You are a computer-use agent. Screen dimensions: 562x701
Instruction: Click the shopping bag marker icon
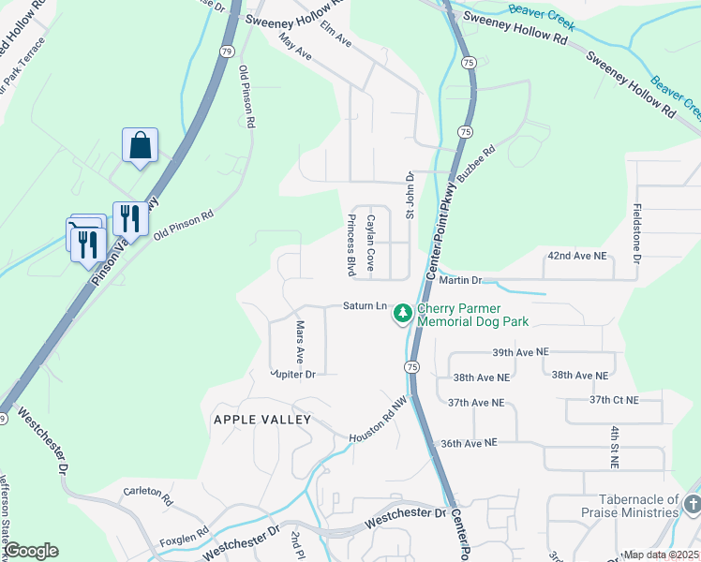140,145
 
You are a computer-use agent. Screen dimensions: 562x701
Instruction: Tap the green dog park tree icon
403,313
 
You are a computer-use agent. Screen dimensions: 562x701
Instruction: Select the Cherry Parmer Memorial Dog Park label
472,315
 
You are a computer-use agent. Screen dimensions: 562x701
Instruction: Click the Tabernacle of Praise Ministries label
630,507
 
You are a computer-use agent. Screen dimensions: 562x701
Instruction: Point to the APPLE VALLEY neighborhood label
261,420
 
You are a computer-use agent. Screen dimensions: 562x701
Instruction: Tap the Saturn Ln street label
365,306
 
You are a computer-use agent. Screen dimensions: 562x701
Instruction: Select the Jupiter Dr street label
291,374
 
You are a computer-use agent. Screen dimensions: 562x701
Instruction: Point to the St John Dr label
410,195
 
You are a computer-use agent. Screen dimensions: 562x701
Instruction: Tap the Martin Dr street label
459,280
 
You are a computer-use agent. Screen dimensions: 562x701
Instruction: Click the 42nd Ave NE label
577,255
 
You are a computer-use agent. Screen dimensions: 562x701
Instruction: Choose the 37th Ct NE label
614,400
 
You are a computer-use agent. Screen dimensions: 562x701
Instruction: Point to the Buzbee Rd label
476,162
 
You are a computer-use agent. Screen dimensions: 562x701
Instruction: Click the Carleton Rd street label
148,491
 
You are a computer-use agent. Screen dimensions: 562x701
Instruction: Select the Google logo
32,551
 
